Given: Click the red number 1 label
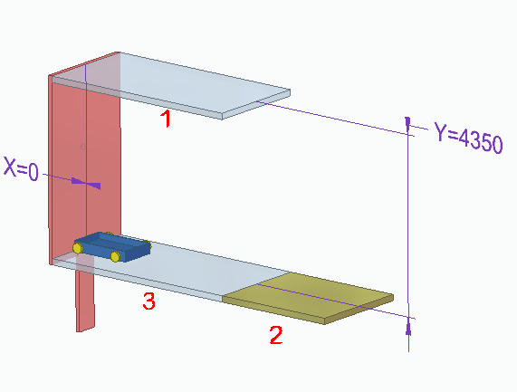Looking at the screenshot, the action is point(166,119).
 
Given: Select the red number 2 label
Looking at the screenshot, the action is point(276,335).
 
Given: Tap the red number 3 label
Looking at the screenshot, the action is point(149,301).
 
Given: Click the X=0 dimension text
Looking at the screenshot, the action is point(21,168).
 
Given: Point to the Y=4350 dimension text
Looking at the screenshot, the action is point(468,137).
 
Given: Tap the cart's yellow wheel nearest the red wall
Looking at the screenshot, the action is point(78,248).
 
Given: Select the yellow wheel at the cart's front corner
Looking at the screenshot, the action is point(115,256).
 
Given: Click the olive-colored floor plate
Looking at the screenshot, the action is point(308,297).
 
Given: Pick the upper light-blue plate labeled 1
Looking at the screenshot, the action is point(171,85).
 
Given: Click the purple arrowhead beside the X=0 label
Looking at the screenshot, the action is point(86,183).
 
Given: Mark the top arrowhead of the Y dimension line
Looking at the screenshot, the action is point(407,124).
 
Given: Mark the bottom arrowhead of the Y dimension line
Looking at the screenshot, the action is point(408,327).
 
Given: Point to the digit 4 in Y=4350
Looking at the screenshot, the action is point(464,138).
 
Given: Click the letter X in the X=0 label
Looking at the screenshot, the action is point(10,167).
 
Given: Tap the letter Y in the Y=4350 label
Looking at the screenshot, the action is point(441,131).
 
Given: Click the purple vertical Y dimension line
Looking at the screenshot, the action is point(408,234).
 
